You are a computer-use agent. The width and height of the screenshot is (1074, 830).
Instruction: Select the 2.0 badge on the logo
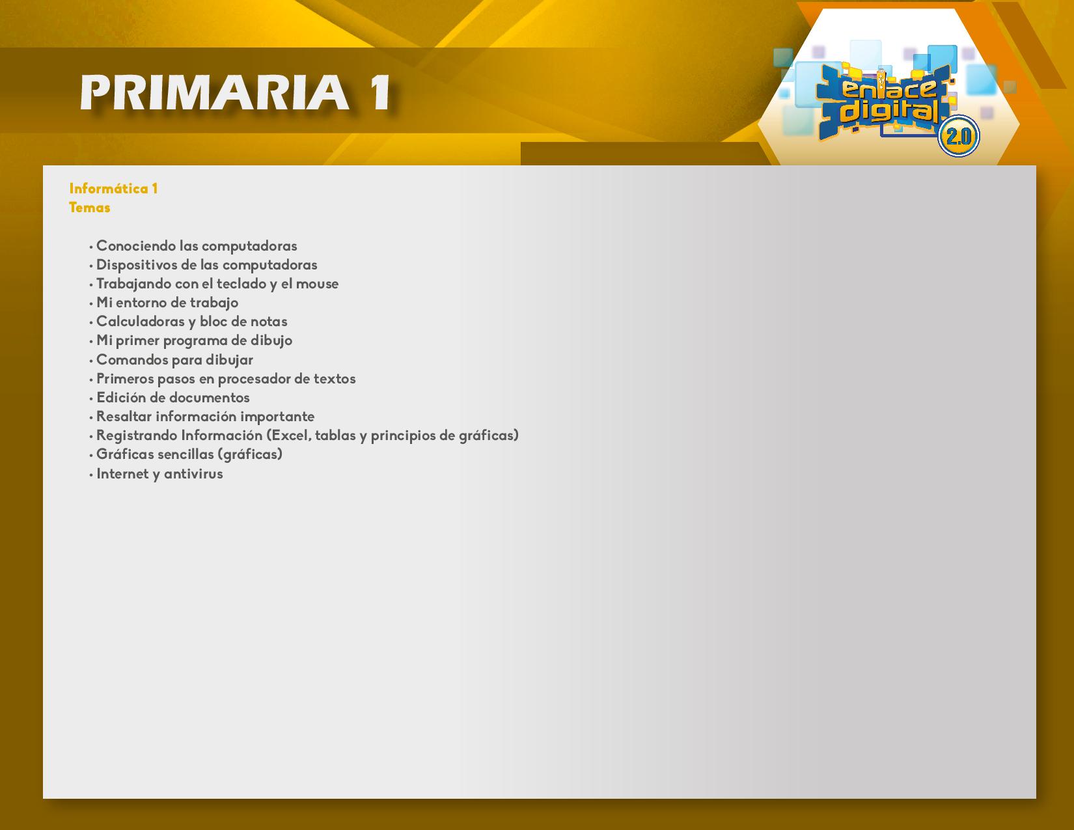pos(958,136)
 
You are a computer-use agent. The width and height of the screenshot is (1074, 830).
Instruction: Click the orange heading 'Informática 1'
pos(113,188)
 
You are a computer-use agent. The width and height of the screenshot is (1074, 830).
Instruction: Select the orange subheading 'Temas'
pos(89,208)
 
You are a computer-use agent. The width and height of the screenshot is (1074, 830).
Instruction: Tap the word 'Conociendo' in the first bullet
pos(136,245)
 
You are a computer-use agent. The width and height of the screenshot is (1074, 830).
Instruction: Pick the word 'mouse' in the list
pos(317,284)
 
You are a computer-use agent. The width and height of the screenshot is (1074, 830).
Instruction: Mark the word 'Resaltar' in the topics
pos(124,416)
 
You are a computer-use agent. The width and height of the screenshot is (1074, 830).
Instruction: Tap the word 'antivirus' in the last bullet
pos(193,473)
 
